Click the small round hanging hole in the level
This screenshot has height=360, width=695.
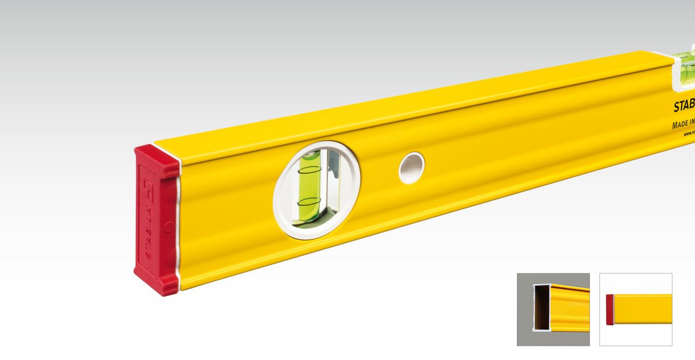pyautogui.click(x=411, y=168)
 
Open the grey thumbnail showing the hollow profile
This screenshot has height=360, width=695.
pyautogui.click(x=553, y=309)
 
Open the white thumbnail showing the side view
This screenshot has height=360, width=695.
pyautogui.click(x=636, y=309)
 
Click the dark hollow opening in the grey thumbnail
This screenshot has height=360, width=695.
pyautogui.click(x=541, y=307)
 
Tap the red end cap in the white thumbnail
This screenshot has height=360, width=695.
pyautogui.click(x=610, y=310)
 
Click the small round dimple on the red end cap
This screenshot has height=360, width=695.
pyautogui.click(x=168, y=227)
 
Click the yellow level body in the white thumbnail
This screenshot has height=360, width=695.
pyautogui.click(x=643, y=310)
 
